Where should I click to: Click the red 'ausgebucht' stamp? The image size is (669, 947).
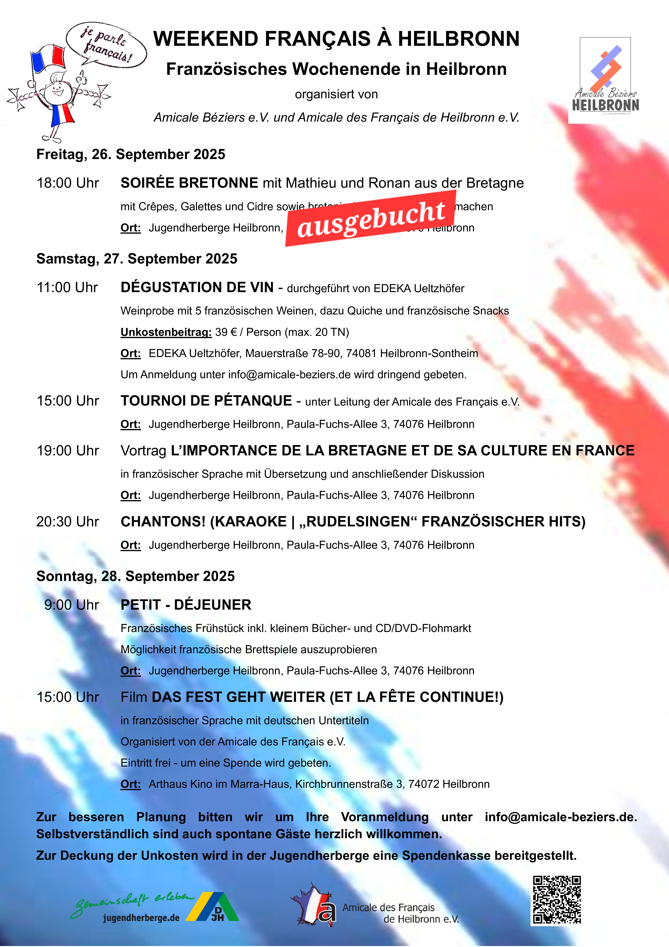pyautogui.click(x=371, y=219)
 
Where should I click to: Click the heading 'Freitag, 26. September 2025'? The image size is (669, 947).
pyautogui.click(x=131, y=154)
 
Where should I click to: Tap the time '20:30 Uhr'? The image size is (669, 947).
pyautogui.click(x=68, y=522)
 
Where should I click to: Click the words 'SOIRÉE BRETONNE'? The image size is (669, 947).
pyautogui.click(x=189, y=183)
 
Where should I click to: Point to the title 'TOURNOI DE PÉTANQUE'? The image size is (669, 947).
pyautogui.click(x=206, y=401)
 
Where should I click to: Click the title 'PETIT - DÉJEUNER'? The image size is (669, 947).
pyautogui.click(x=186, y=605)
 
